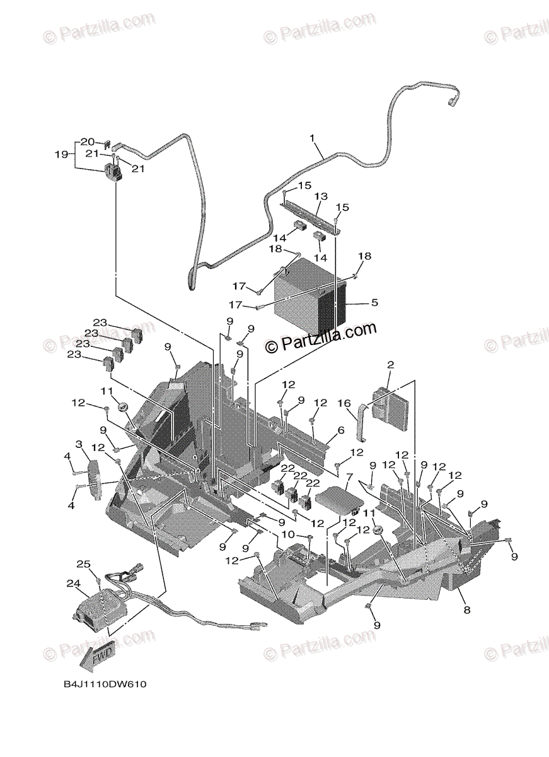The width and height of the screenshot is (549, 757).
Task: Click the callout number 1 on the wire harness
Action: [x=311, y=138]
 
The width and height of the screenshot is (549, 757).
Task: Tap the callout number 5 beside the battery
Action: [x=374, y=303]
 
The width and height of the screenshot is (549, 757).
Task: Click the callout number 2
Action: [x=391, y=365]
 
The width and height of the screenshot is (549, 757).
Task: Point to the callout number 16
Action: [x=344, y=402]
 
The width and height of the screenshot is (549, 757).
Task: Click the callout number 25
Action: [x=84, y=563]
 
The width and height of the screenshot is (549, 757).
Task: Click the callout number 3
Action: [x=79, y=445]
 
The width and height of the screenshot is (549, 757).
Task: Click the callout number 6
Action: [x=341, y=430]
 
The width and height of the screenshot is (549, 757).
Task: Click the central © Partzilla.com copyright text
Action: [x=321, y=337]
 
